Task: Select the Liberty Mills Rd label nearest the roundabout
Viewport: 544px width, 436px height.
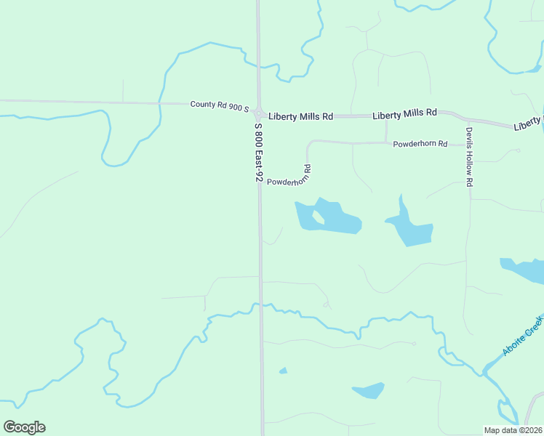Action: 300,116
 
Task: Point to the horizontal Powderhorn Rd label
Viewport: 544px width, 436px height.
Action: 420,144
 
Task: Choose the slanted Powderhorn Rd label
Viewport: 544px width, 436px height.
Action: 289,177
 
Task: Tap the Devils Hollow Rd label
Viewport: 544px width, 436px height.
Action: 469,158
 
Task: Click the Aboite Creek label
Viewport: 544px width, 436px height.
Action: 522,336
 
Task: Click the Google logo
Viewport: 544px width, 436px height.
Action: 24,427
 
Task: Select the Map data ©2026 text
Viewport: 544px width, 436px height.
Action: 513,429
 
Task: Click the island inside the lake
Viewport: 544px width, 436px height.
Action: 319,217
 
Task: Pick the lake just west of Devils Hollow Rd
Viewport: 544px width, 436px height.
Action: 412,229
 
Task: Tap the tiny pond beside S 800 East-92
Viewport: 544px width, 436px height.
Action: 283,371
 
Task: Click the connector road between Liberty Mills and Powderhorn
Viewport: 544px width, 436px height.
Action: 385,129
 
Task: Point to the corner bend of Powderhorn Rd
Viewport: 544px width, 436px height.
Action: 309,144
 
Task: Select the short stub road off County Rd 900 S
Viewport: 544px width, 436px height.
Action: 122,92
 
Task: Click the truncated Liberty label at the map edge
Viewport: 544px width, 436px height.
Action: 528,124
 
